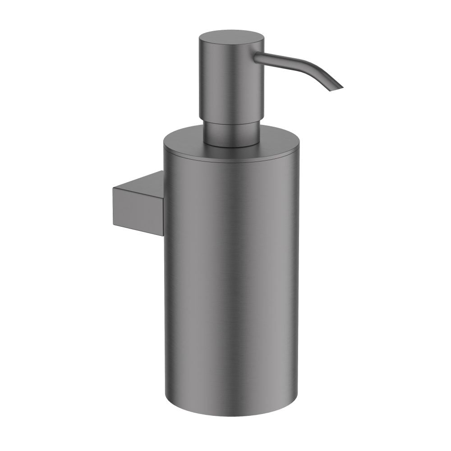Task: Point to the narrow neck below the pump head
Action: [231, 133]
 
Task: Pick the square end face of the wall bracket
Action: [129, 205]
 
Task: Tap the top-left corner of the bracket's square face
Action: [112, 189]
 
